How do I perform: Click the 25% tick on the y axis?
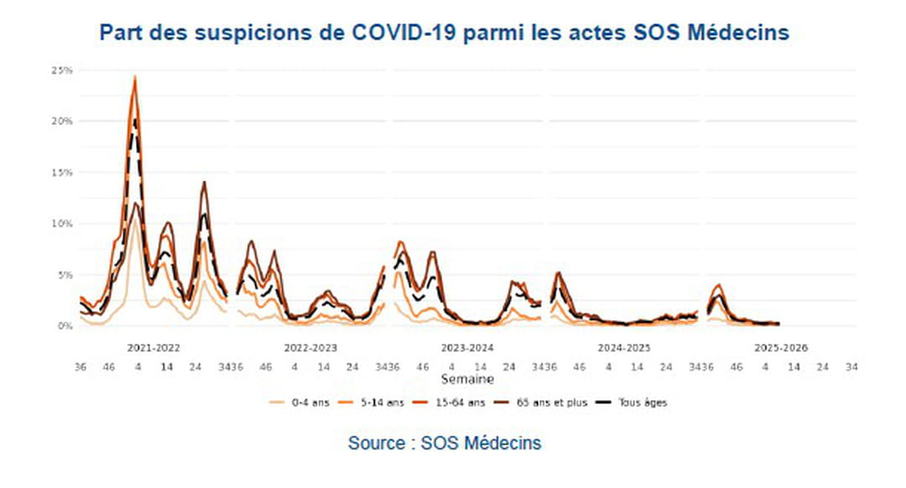coord(60,70)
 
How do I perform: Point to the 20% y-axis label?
coord(60,122)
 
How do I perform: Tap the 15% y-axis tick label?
coord(60,173)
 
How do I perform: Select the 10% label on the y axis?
coord(60,224)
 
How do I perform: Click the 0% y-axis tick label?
coord(64,326)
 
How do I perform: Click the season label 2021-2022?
coord(154,346)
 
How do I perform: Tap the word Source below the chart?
coord(377,443)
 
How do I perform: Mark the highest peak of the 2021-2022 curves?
coord(135,77)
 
